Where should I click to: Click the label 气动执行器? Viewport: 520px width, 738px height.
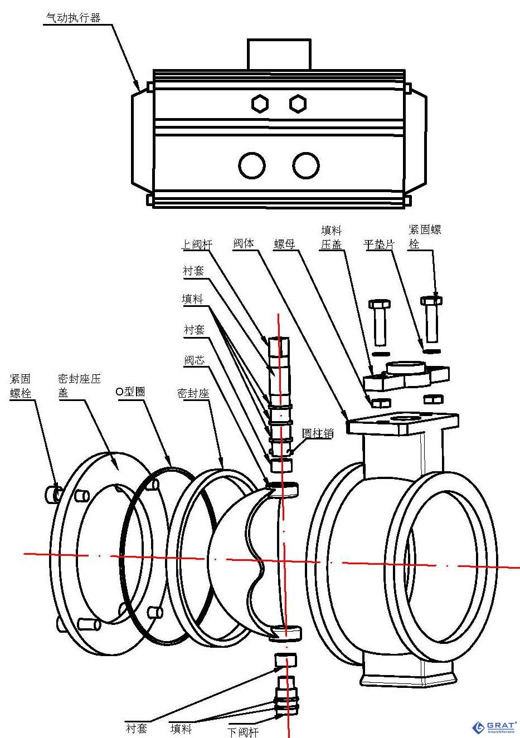coord(72,18)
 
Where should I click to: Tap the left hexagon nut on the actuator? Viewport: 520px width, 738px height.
coord(260,104)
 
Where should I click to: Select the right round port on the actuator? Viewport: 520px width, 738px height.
coord(305,165)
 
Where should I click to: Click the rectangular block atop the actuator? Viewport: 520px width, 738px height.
coord(279,54)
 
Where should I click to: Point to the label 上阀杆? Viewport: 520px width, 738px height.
coord(196,245)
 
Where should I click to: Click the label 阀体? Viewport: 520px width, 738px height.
coord(244,243)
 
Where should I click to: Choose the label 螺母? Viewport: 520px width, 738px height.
coord(284,244)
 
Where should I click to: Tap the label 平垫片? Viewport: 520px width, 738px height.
coord(379,244)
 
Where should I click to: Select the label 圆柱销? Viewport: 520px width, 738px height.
coord(318,433)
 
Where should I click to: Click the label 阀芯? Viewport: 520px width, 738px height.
coord(195,360)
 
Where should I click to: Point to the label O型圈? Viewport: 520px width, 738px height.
coord(130,392)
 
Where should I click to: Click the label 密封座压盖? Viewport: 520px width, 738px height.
coord(79,385)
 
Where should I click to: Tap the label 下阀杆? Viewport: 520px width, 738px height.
coord(244,731)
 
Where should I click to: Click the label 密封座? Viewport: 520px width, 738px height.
coord(193,393)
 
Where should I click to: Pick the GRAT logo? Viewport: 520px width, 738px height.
coord(494,727)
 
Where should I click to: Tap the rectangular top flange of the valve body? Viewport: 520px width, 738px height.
coord(402,423)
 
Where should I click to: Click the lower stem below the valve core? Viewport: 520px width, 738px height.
coord(286,696)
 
